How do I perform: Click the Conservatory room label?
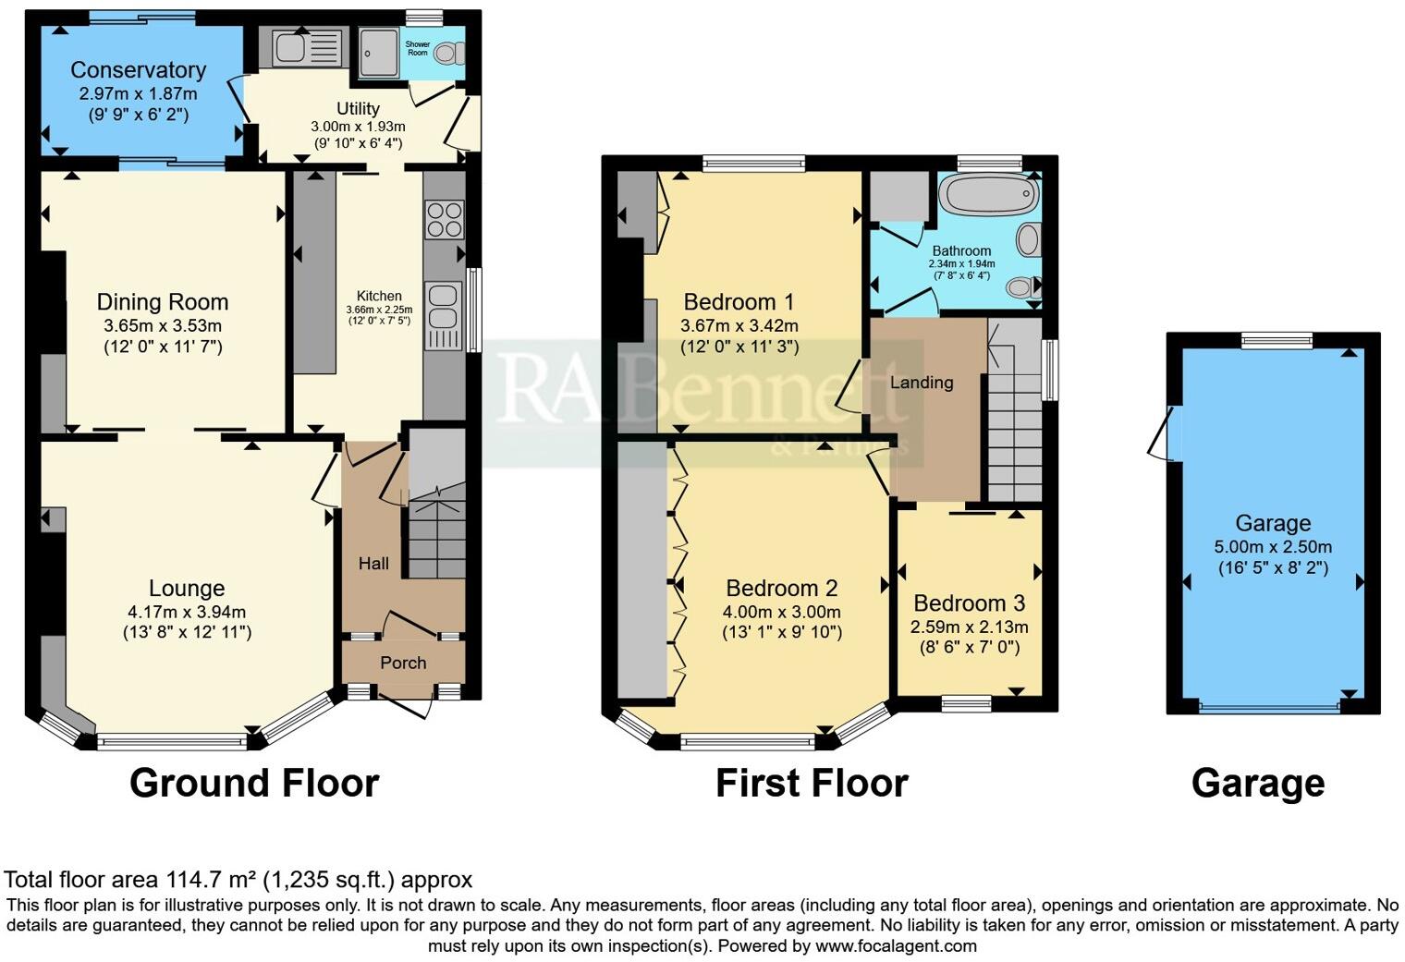pyautogui.click(x=138, y=70)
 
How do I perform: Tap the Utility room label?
pyautogui.click(x=358, y=108)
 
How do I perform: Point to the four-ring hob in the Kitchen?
pyautogui.click(x=444, y=219)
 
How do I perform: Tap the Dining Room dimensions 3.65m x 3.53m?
pyautogui.click(x=163, y=325)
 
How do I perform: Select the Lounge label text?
pyautogui.click(x=187, y=588)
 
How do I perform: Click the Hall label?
pyautogui.click(x=373, y=564)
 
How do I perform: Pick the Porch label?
pyautogui.click(x=403, y=663)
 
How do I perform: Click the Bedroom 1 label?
pyautogui.click(x=739, y=301)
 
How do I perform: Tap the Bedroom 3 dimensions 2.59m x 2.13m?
pyautogui.click(x=969, y=627)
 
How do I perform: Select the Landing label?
pyautogui.click(x=922, y=383)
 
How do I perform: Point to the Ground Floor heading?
pyautogui.click(x=254, y=783)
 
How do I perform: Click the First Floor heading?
pyautogui.click(x=812, y=783)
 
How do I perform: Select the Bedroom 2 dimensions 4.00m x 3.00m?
pyautogui.click(x=782, y=612)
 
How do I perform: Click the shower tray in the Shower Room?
pyautogui.click(x=377, y=51)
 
